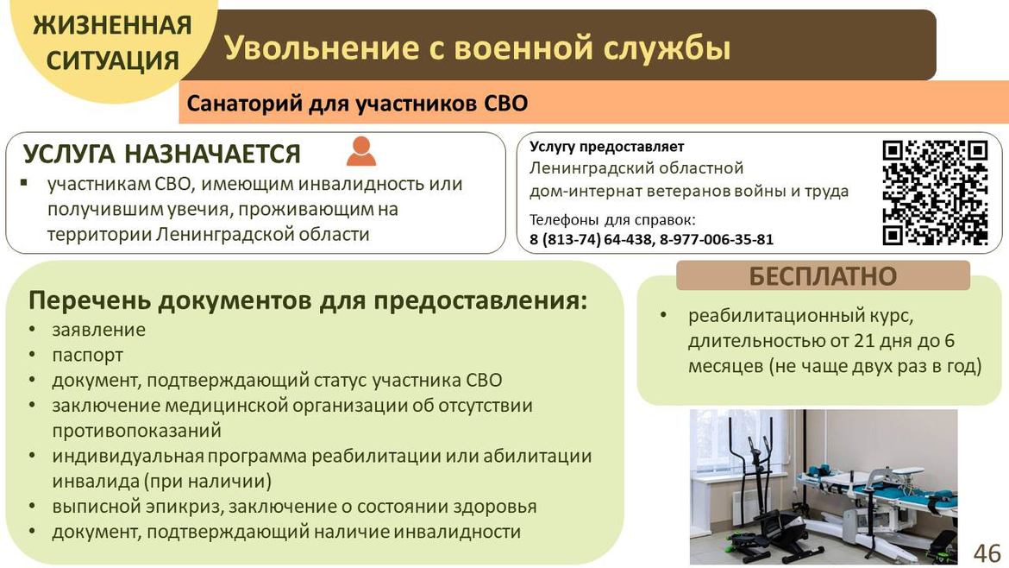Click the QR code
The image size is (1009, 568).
click(x=935, y=192)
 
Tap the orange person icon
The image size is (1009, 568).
click(x=361, y=151)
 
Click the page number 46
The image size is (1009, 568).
click(x=987, y=552)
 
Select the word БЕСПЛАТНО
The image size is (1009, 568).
click(x=823, y=276)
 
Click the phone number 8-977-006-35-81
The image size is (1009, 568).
click(x=716, y=240)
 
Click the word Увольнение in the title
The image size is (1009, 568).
click(x=323, y=47)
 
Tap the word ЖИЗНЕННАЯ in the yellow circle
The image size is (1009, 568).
click(x=113, y=26)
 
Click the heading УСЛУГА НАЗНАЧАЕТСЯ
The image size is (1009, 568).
click(x=162, y=154)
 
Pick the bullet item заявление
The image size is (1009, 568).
click(x=99, y=330)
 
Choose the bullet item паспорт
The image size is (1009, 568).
click(x=87, y=356)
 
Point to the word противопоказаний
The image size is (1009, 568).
click(x=136, y=431)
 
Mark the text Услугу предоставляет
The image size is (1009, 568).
click(x=607, y=147)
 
